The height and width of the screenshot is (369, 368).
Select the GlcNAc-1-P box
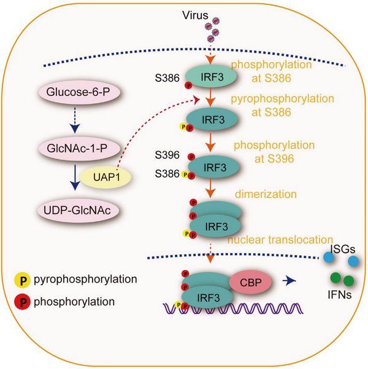click(80, 148)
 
